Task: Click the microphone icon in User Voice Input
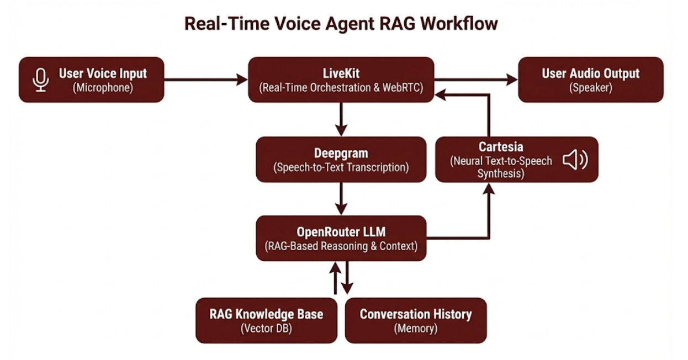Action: [40, 80]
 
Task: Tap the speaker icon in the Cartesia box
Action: [575, 160]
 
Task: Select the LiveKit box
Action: [341, 80]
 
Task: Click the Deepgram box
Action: [341, 160]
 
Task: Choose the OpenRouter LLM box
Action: [341, 238]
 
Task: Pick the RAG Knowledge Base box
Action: [266, 320]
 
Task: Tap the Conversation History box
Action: [415, 320]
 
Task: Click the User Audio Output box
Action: [590, 80]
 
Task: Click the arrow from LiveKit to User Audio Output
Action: [475, 80]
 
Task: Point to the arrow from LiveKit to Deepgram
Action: [341, 119]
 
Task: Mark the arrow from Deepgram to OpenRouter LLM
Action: [341, 198]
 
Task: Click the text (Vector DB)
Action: [266, 329]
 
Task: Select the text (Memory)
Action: [415, 329]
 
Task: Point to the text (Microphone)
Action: [103, 88]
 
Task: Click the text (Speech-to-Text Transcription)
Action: [341, 168]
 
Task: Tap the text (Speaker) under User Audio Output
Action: [590, 88]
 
